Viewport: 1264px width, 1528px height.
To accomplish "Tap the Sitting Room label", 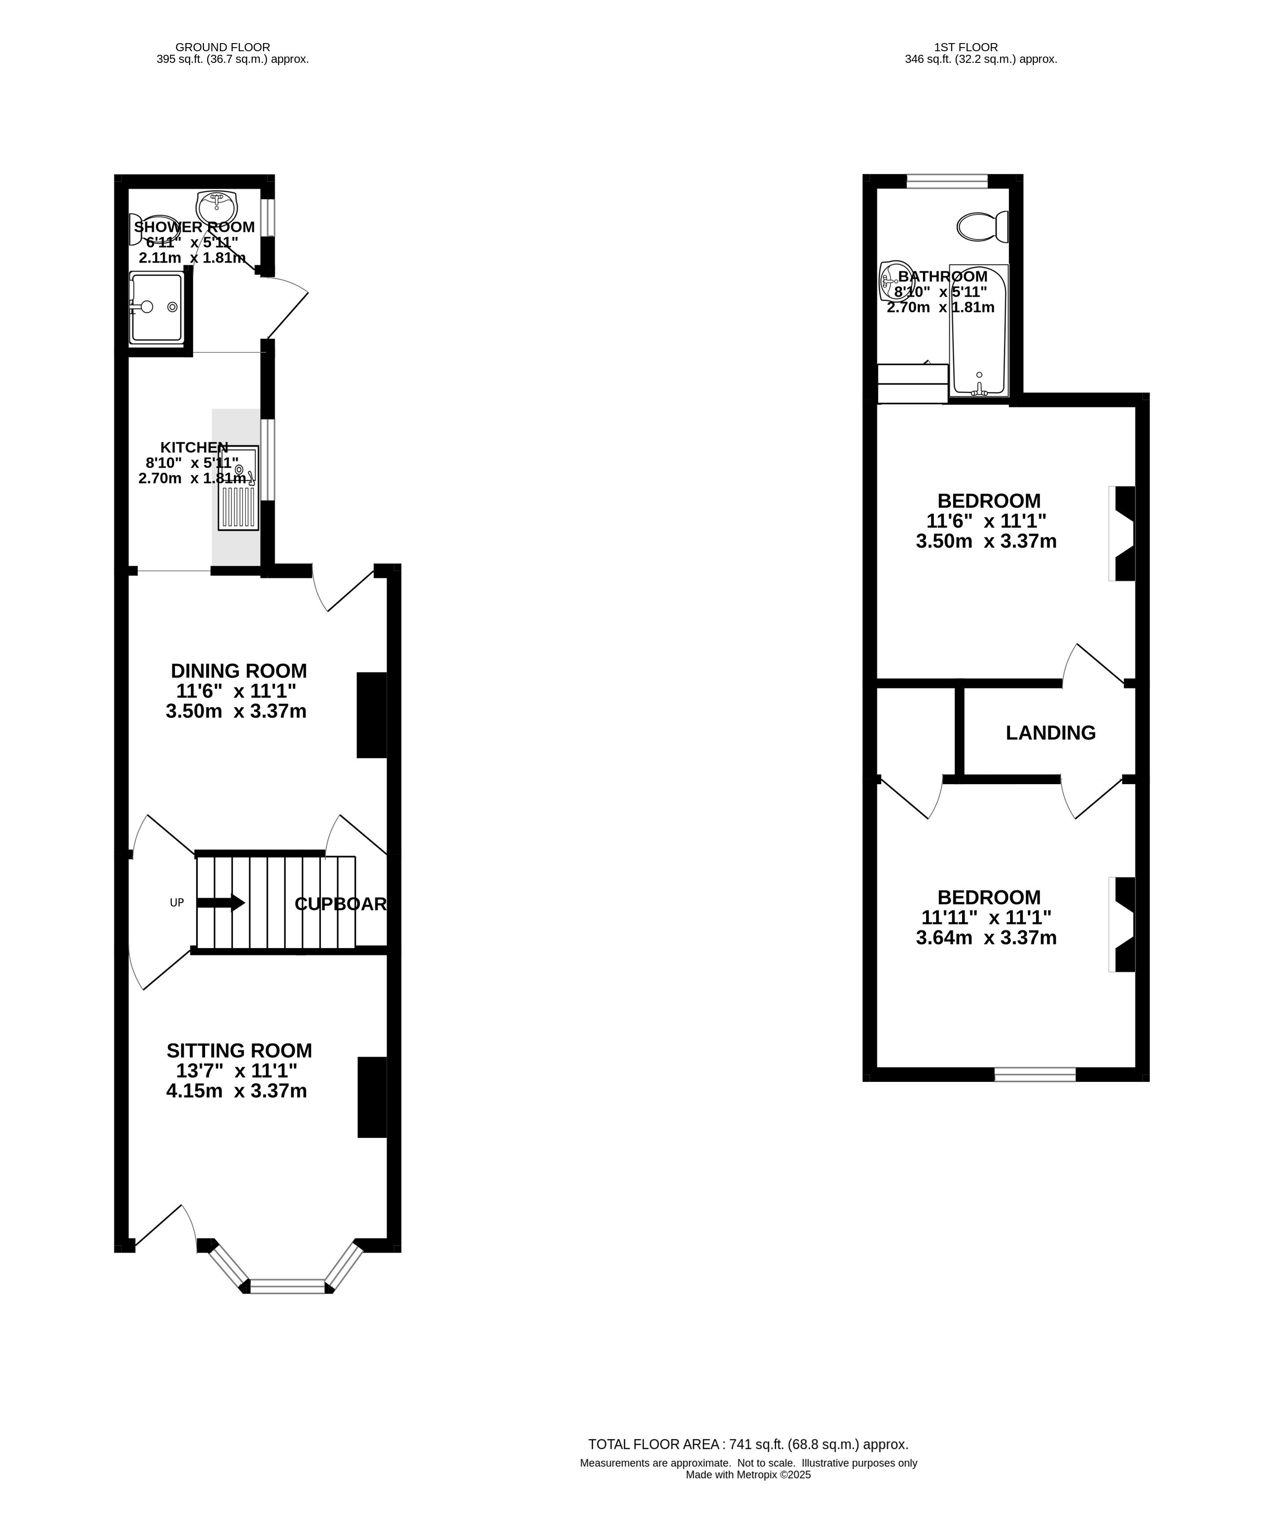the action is (239, 1051).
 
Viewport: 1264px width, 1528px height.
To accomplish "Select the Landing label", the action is (1050, 733).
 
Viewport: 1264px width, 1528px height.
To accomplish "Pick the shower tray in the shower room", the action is (156, 308).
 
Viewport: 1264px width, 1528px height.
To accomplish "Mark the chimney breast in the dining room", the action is (372, 715).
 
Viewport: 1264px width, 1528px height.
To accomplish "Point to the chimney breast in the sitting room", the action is (372, 1097).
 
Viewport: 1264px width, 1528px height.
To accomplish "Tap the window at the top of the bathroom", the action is (947, 181).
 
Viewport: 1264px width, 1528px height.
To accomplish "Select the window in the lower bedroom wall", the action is (1035, 1074).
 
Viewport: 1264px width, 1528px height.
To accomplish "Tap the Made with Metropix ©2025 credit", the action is (748, 1475).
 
